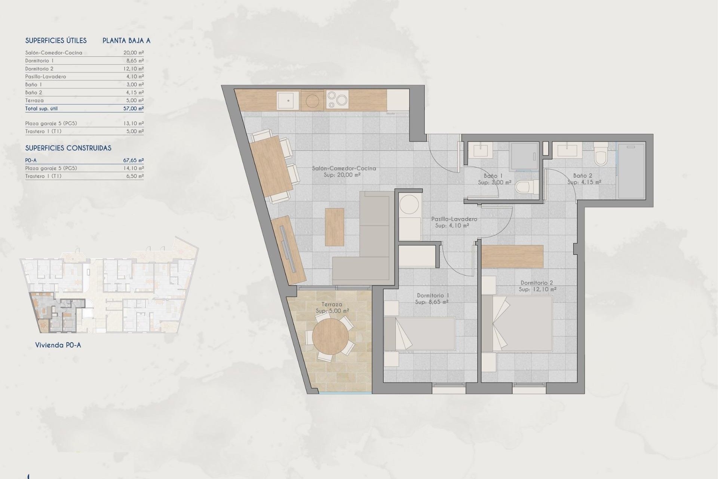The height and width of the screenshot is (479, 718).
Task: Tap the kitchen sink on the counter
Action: coord(288,100)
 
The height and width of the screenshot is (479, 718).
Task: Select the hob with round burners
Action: coord(337,100)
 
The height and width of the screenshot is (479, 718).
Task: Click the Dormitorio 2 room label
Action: coord(537,286)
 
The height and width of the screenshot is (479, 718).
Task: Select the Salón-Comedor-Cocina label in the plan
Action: coord(344,171)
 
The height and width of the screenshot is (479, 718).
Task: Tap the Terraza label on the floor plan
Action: coord(332,308)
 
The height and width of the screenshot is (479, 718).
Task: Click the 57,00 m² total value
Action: coord(134,109)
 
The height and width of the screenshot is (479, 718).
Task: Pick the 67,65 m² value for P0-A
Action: coord(134,160)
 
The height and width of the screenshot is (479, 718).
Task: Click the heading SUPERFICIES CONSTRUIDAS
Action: coord(68,148)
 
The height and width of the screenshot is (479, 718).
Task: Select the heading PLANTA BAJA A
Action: coord(126,40)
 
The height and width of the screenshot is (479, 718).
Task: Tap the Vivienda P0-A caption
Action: coord(58,345)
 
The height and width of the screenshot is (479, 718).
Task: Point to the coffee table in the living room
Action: coord(334,227)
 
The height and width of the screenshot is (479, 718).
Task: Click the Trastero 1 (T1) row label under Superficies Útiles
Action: coord(43,131)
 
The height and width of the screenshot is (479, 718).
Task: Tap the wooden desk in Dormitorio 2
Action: coord(512,256)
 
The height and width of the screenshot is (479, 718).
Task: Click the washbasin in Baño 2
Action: coord(567,150)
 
